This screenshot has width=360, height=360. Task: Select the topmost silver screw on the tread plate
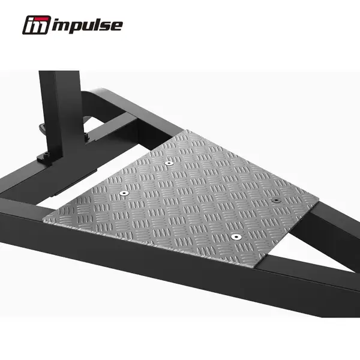tap(170, 163)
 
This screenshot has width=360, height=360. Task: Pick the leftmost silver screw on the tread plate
tap(124, 193)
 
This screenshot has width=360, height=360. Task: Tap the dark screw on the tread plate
tap(275, 200)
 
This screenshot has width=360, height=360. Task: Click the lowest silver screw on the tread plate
tap(235, 236)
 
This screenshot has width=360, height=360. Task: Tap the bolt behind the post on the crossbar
tap(86, 137)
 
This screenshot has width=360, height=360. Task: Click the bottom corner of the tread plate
tap(259, 266)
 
